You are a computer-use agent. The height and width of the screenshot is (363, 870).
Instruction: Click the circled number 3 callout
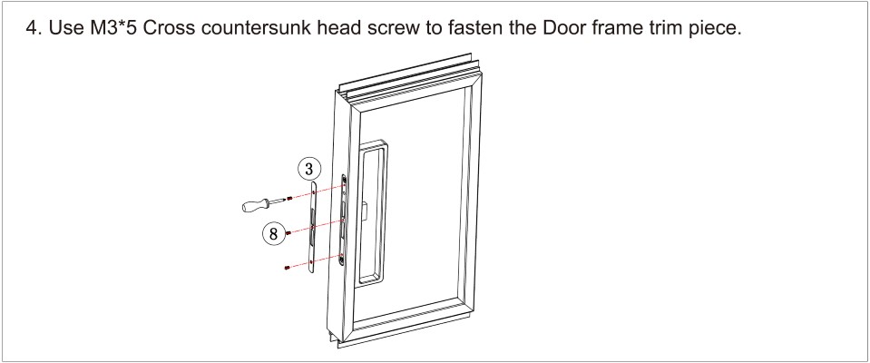(x=309, y=169)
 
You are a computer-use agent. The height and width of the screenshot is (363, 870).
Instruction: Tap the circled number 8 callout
(x=273, y=234)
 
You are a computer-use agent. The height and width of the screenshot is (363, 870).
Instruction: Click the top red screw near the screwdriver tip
(x=289, y=198)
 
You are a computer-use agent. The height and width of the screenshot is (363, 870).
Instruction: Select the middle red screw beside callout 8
(x=288, y=234)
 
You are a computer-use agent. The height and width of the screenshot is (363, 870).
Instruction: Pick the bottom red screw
(x=287, y=268)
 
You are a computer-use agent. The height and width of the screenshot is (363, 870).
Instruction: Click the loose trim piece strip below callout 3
(x=313, y=227)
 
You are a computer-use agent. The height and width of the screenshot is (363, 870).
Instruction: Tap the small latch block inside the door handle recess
(x=365, y=211)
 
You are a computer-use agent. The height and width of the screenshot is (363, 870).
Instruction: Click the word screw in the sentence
(x=395, y=29)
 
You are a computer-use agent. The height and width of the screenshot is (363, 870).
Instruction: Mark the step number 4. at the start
(x=34, y=28)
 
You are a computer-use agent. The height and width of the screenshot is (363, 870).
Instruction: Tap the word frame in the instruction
(x=619, y=28)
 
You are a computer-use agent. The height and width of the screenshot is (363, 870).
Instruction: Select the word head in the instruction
(x=340, y=28)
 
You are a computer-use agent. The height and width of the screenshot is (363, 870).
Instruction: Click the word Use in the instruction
(x=66, y=28)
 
